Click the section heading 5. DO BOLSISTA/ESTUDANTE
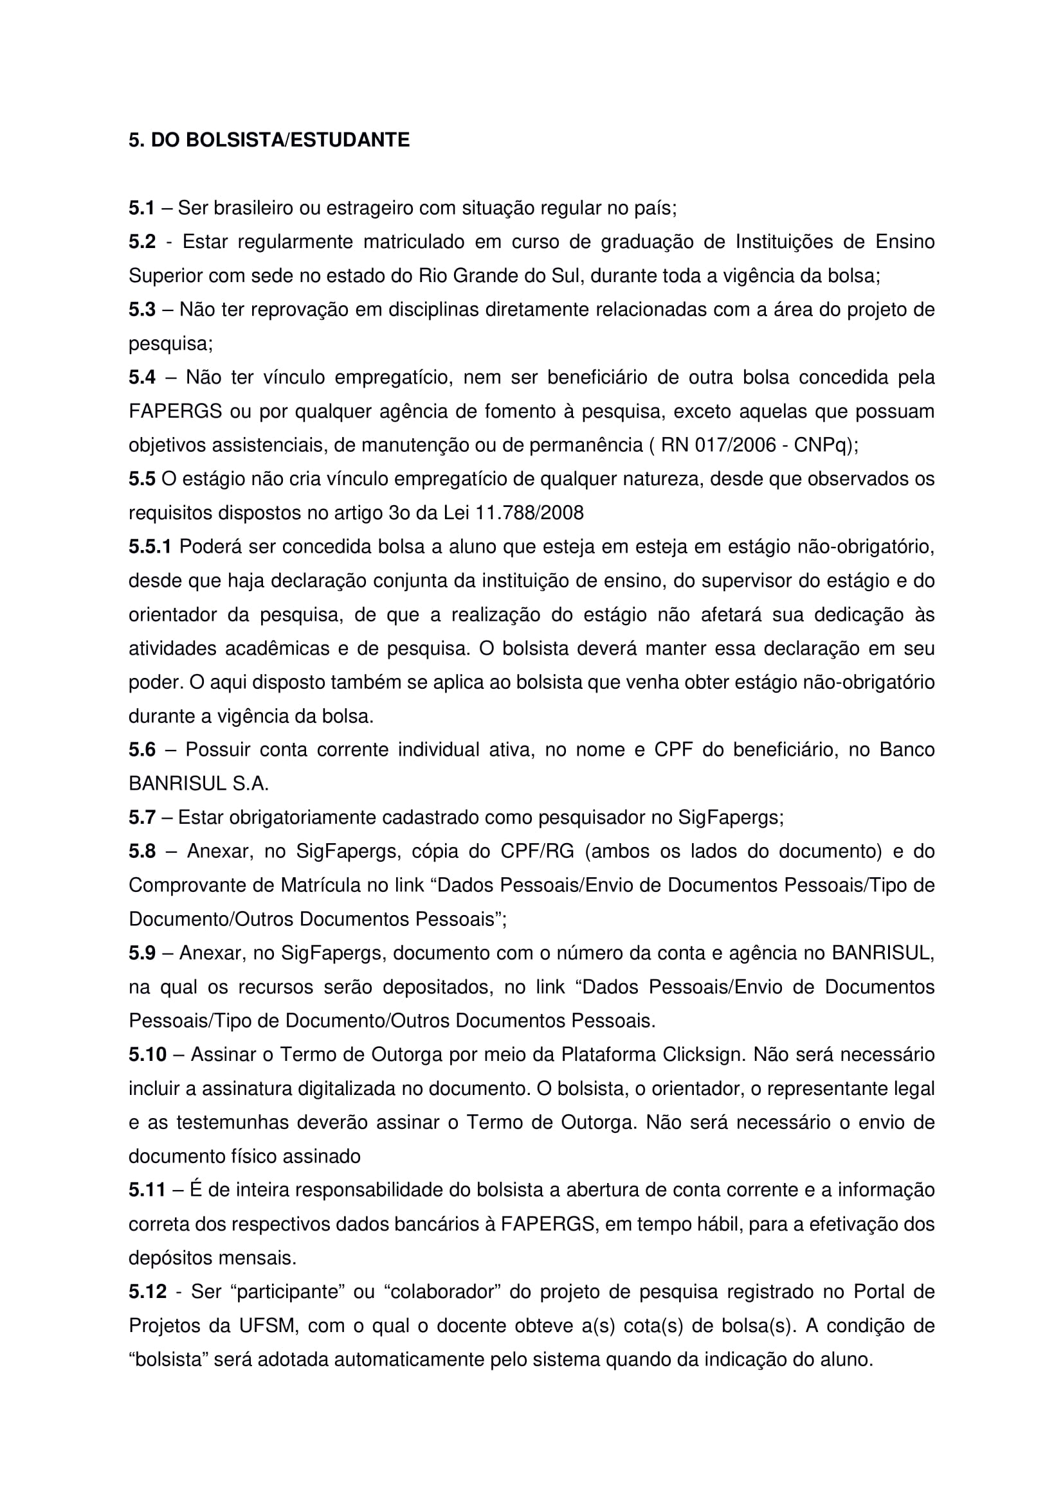(x=269, y=140)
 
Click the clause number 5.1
(x=141, y=208)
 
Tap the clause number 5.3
(x=142, y=310)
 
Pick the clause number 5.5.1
(x=150, y=547)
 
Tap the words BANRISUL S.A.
(x=199, y=783)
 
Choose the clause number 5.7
(x=142, y=817)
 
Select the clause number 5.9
(x=142, y=953)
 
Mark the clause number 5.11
(x=147, y=1190)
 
